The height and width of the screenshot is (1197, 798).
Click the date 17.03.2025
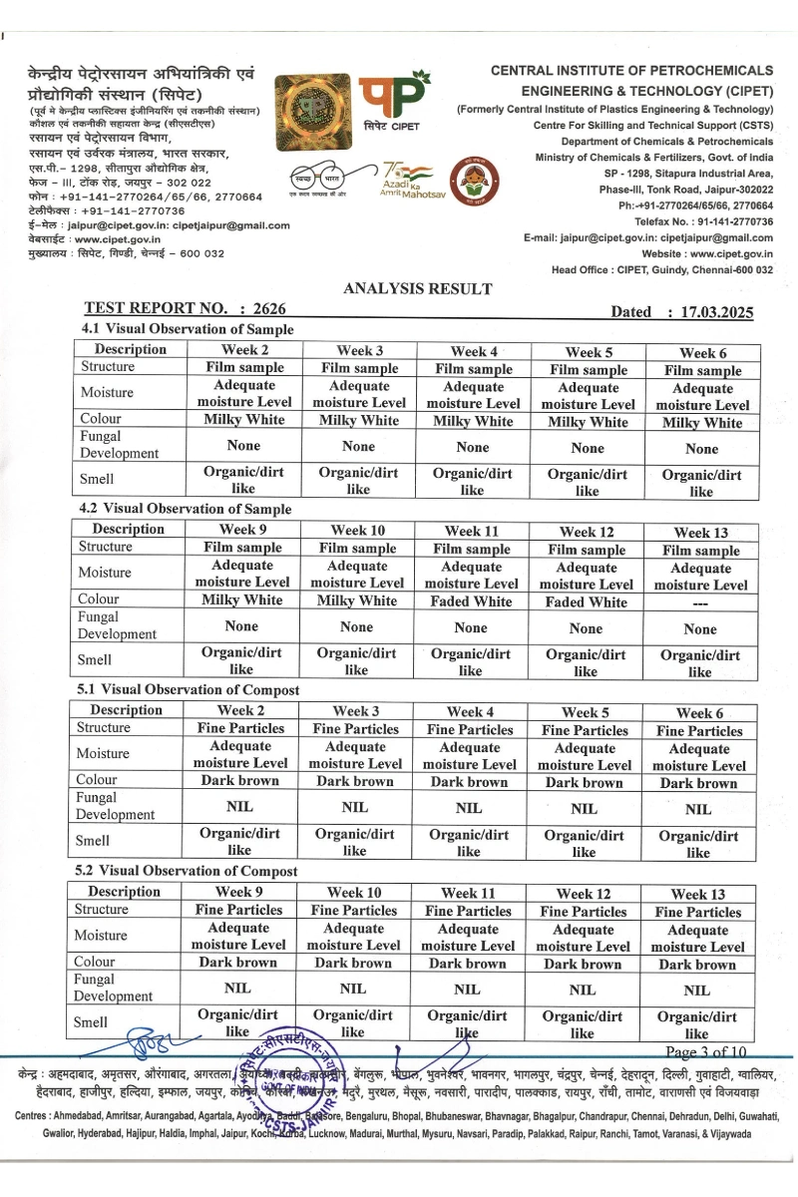[x=715, y=312]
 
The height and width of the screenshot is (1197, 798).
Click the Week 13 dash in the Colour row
[x=700, y=603]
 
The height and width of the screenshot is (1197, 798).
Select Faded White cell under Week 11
[x=470, y=601]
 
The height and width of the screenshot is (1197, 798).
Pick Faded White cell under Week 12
[x=586, y=602]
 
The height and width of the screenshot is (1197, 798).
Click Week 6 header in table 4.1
[x=702, y=353]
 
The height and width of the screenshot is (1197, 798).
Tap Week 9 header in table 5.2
[x=238, y=892]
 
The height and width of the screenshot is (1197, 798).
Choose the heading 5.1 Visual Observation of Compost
[x=184, y=689]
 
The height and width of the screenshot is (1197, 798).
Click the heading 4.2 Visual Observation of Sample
[x=185, y=509]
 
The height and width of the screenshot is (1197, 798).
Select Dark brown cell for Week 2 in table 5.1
[x=240, y=781]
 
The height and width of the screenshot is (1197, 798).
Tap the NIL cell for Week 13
[x=697, y=991]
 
